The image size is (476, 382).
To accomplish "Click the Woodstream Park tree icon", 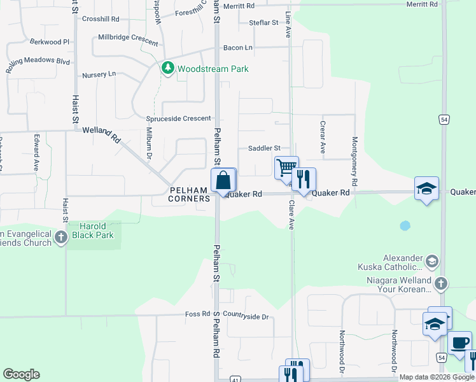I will [168, 68].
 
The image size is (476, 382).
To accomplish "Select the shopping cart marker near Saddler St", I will [286, 168].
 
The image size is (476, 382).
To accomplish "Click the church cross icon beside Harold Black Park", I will [60, 238].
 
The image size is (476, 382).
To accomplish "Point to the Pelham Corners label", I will [189, 194].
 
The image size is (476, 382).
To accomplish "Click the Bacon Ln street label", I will [238, 48].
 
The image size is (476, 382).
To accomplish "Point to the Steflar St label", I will [264, 22].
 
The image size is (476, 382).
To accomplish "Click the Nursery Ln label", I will [99, 74].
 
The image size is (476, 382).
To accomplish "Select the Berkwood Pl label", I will [49, 41].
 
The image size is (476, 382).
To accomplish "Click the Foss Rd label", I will [197, 314].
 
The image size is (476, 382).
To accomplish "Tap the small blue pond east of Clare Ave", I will [404, 225].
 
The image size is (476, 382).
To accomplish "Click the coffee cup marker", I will [459, 343].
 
